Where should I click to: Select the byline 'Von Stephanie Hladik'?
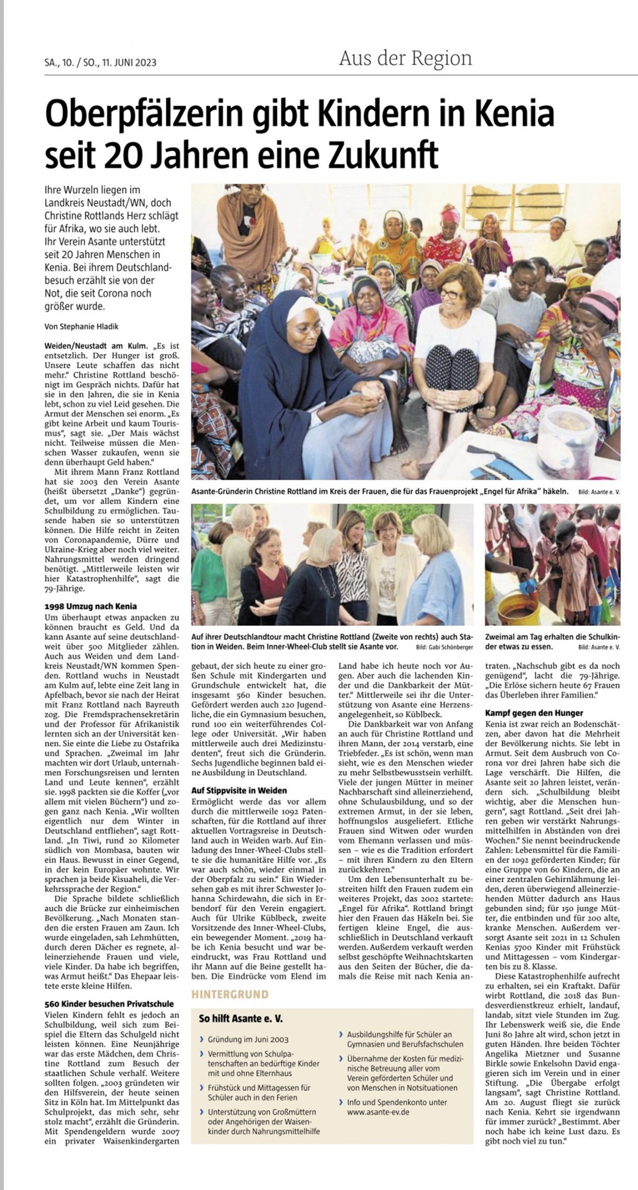click(81, 326)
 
